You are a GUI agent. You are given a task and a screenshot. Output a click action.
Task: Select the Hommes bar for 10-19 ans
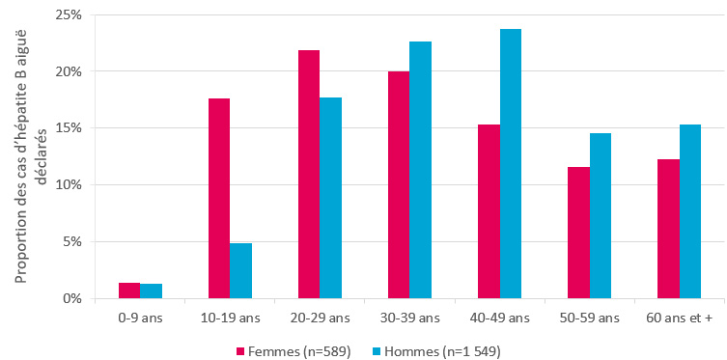240,271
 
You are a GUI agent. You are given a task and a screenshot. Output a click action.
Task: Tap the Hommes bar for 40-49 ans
511,164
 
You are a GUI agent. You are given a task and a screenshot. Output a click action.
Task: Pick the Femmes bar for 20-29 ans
309,175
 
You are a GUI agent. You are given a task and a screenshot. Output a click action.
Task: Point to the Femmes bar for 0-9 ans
129,291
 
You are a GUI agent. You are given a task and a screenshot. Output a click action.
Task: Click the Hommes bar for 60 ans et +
690,211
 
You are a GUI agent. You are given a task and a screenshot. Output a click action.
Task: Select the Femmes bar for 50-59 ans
578,233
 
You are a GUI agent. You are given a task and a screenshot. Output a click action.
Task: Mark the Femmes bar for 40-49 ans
489,211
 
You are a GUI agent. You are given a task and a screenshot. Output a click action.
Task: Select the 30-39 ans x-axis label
409,318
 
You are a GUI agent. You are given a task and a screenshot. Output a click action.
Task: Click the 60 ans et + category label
678,318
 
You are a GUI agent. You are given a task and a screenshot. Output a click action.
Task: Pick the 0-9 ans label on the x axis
140,318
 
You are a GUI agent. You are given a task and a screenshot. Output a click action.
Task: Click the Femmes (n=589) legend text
297,350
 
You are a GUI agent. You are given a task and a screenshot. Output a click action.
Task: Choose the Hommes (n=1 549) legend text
444,350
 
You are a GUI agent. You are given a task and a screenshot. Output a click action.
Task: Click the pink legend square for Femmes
241,350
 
